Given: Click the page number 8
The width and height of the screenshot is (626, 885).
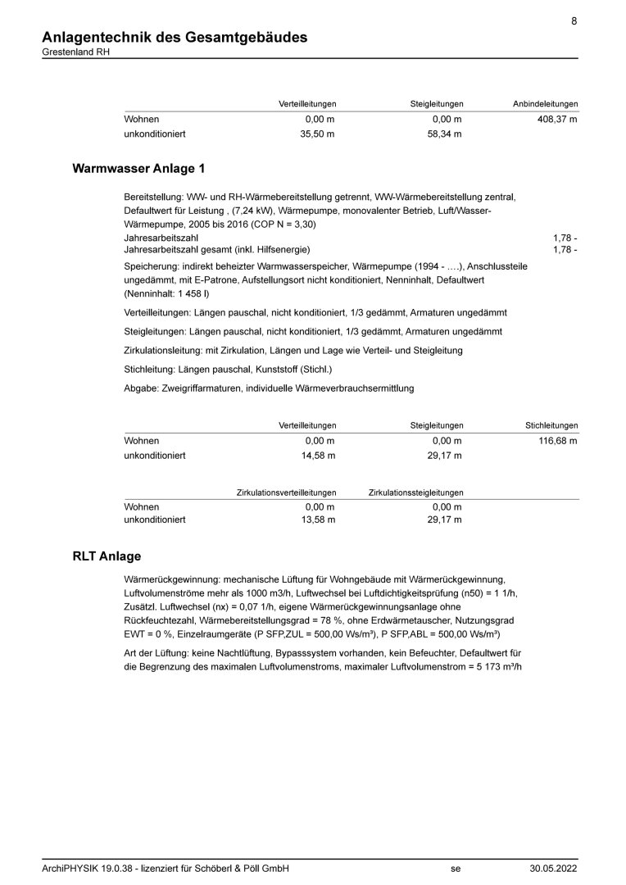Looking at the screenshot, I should point(574,22).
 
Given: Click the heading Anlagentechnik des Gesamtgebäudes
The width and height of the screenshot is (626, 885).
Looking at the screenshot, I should point(175,38).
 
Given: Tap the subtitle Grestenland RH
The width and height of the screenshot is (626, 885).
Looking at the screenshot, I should point(75,52).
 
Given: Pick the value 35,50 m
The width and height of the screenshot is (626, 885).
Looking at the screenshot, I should point(317,134).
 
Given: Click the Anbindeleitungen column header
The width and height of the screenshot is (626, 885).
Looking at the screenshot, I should point(546,104).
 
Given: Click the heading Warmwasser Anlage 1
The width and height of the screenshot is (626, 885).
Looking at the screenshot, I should point(138,169).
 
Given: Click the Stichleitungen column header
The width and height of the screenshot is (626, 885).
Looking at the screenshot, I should point(551,426).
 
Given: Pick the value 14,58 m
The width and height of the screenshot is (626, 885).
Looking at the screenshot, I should point(317,455).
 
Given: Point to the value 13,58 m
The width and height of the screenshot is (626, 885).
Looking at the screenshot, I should point(317,520).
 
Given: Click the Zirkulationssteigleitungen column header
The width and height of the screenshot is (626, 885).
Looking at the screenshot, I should point(416,492).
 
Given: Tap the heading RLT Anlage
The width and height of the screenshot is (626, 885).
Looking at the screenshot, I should point(107,556).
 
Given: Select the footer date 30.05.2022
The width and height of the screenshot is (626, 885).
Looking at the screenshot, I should point(553,869).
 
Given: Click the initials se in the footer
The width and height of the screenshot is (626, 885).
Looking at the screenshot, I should point(456,869).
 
